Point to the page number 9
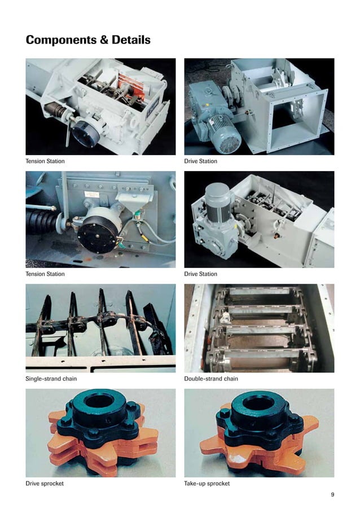click(332, 495)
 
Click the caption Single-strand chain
click(52, 379)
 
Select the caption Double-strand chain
click(211, 379)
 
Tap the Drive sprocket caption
click(45, 484)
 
